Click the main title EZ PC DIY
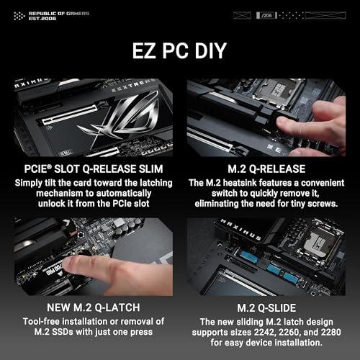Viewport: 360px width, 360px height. [180, 53]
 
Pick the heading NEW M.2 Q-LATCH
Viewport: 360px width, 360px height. [89, 308]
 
